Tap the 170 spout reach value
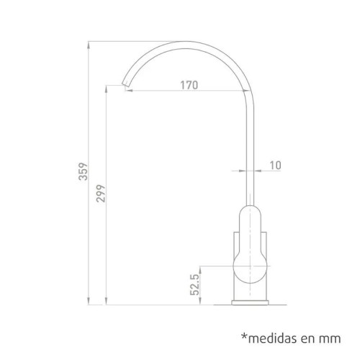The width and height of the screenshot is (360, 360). [189, 85]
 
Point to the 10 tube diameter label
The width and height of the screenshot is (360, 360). [275, 165]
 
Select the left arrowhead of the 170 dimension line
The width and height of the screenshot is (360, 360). [132, 91]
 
